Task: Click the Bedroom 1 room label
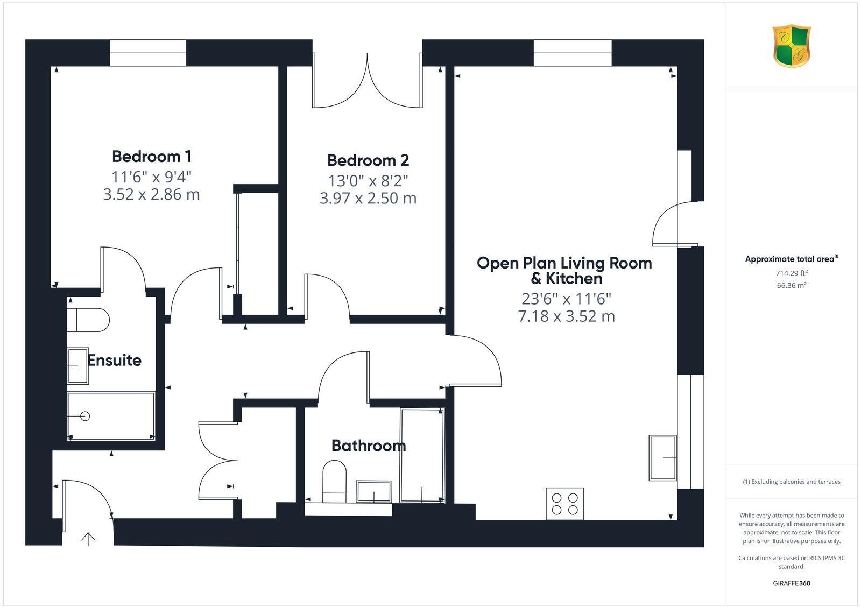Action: pos(151,157)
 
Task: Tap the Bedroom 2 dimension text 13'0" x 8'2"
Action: pos(368,180)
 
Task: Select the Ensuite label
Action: pos(114,360)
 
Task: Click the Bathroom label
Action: pos(368,446)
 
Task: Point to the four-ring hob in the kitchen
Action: pos(564,504)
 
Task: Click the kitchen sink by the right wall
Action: pos(662,457)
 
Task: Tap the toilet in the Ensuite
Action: pos(89,320)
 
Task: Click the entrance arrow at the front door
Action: pos(88,539)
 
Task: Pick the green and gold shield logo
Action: pos(791,46)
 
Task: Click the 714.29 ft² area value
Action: pos(791,273)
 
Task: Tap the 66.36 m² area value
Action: pos(791,286)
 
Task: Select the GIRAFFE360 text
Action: pos(791,583)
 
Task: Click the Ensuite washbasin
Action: pos(78,366)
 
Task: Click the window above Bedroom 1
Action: pos(148,53)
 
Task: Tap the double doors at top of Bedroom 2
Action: pos(368,81)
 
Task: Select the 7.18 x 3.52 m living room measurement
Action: pos(566,316)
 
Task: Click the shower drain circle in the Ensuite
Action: pos(84,416)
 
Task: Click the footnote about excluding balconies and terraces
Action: pos(791,482)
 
